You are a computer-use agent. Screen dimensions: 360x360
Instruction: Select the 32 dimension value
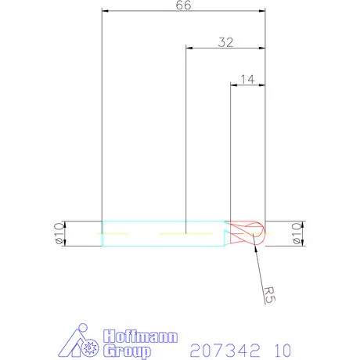click(225, 43)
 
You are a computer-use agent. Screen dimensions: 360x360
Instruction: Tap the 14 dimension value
click(249, 78)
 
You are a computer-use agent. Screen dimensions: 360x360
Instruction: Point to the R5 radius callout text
click(268, 295)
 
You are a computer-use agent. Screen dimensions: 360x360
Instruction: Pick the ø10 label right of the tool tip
click(296, 232)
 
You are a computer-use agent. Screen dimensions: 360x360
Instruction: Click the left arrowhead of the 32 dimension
click(188, 49)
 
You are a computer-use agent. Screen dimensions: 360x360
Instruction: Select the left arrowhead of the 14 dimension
click(232, 84)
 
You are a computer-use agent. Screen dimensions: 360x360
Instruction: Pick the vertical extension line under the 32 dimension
click(185, 141)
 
